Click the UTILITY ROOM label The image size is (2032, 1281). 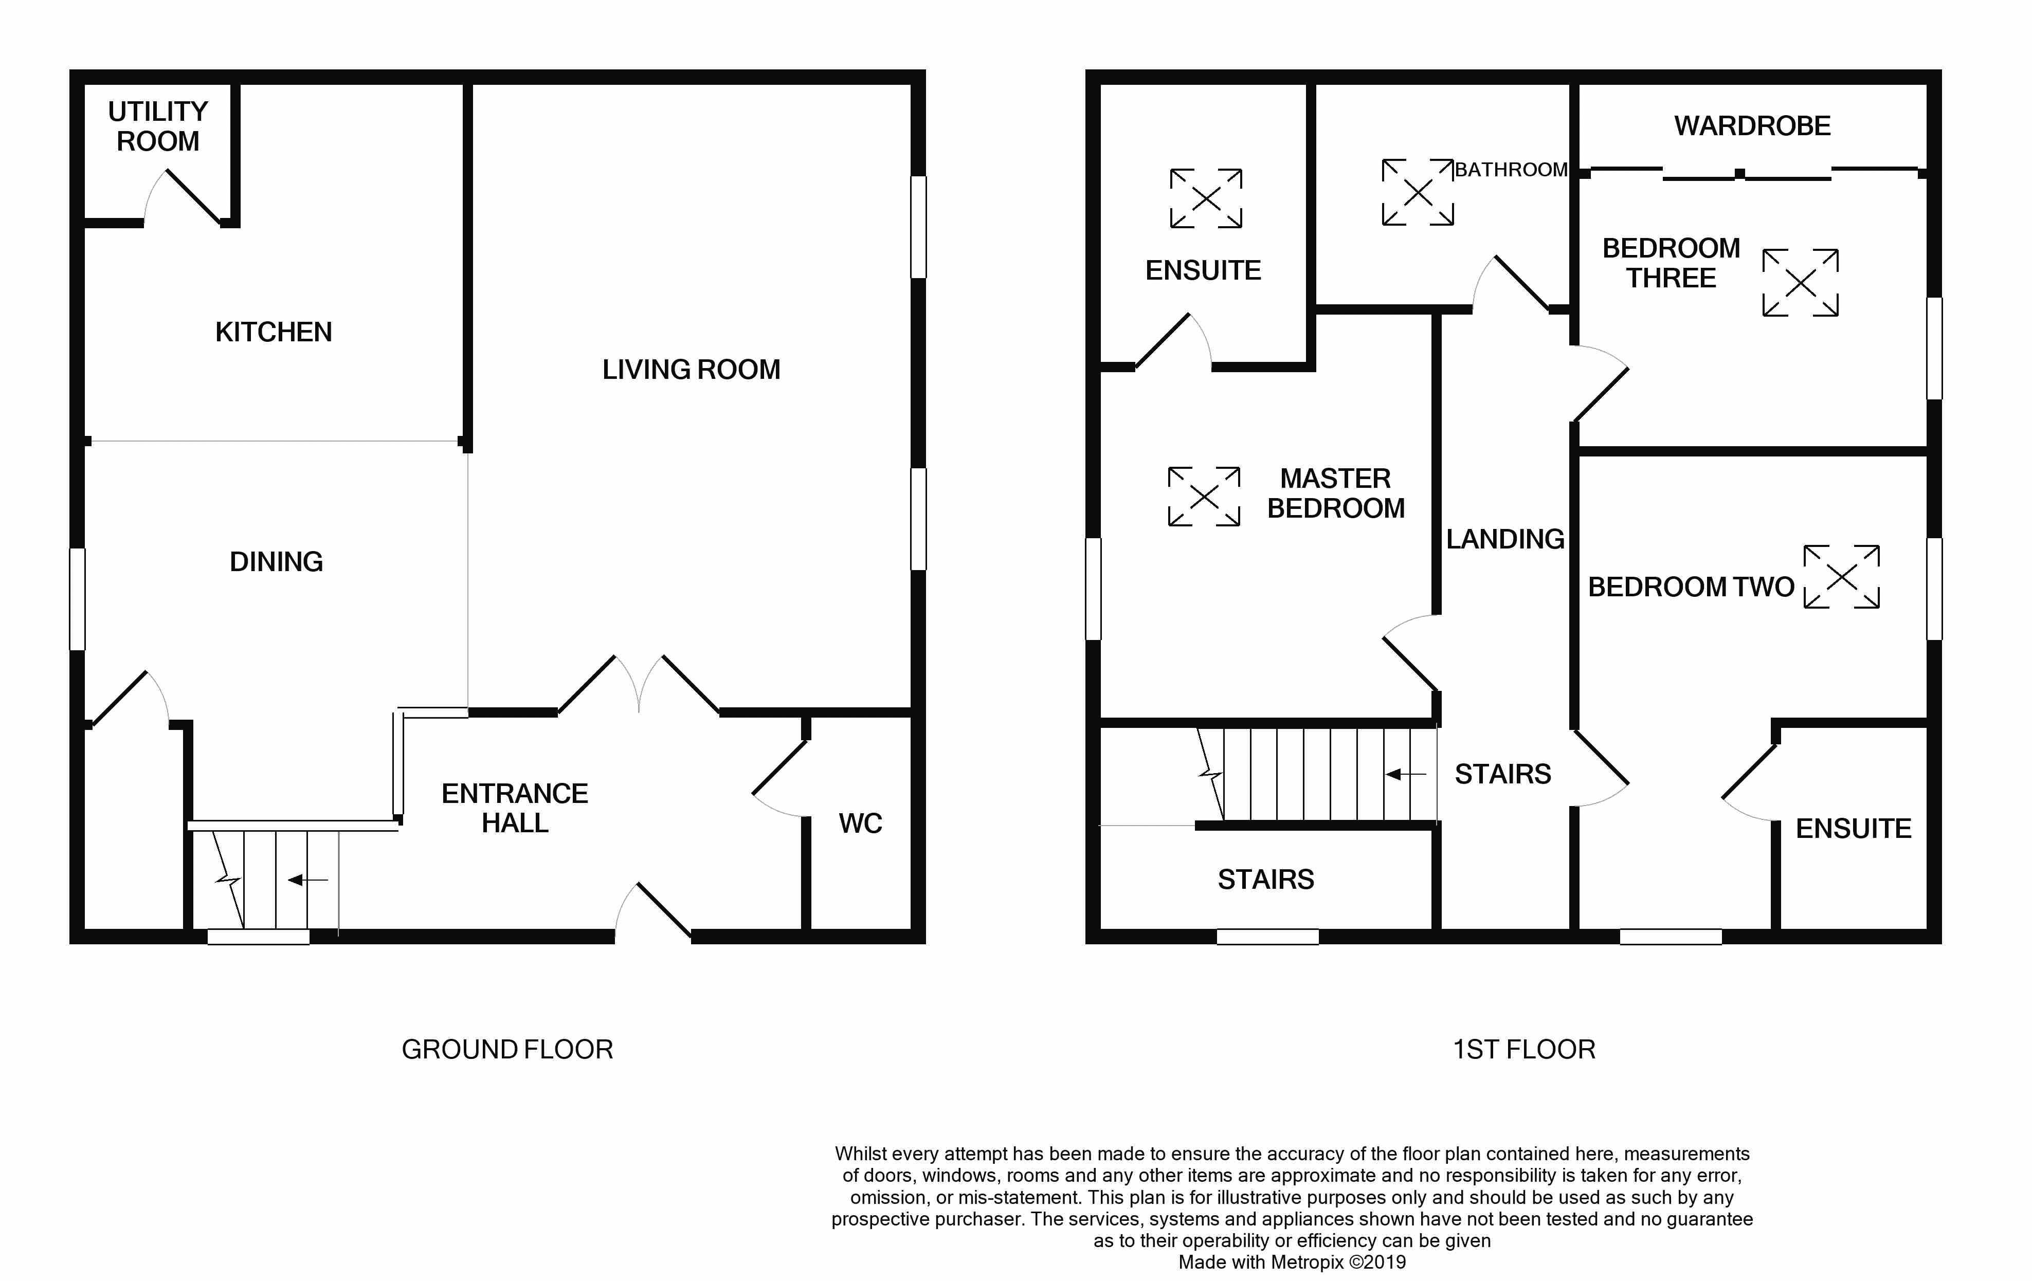(x=158, y=126)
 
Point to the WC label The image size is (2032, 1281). (x=860, y=823)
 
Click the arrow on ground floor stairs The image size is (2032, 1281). (x=308, y=880)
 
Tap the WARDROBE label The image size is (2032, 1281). (x=1752, y=126)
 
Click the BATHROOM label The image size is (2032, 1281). (x=1511, y=170)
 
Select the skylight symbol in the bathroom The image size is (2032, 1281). (x=1418, y=192)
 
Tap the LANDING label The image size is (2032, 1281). (x=1504, y=539)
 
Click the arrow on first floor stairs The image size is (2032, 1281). (x=1405, y=774)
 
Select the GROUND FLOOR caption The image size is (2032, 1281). (x=507, y=1049)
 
